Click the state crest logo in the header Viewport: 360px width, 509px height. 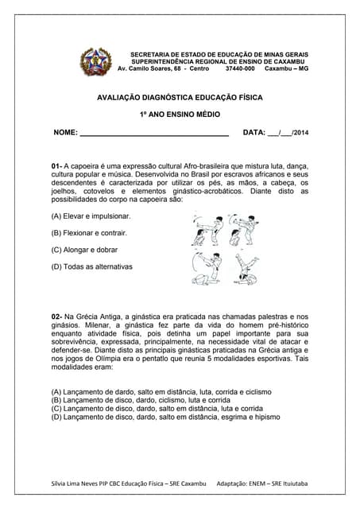[96, 62]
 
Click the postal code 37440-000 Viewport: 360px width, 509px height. [240, 68]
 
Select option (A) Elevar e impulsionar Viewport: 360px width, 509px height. [91, 216]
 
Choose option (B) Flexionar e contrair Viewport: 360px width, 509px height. [89, 233]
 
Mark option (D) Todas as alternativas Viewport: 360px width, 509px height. [92, 266]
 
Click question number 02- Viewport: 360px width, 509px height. [56, 317]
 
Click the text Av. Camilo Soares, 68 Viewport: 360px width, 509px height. [152, 68]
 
